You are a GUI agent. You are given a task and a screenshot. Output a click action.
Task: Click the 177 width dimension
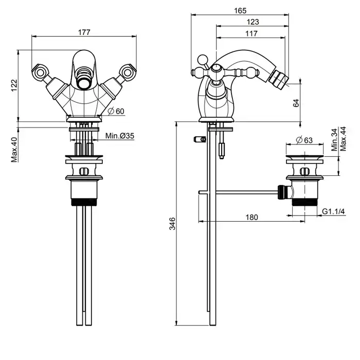pyautogui.click(x=85, y=32)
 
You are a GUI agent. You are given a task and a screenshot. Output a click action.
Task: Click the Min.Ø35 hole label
pyautogui.click(x=120, y=136)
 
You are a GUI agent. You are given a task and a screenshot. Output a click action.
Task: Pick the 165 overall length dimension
pyautogui.click(x=240, y=10)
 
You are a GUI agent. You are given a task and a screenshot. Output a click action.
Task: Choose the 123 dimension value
pyautogui.click(x=252, y=22)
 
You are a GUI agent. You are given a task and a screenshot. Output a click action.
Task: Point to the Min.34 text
pyautogui.click(x=334, y=140)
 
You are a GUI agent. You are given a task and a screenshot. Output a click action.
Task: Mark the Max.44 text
pyautogui.click(x=343, y=140)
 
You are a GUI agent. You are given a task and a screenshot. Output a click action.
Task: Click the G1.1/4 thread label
pyautogui.click(x=333, y=212)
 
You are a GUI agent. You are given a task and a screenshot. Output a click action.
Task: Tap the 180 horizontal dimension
pyautogui.click(x=251, y=218)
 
